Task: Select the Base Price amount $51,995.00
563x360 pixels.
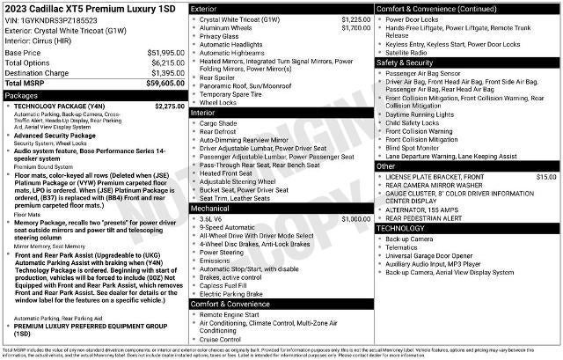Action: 165,53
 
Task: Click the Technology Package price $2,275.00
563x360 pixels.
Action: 168,106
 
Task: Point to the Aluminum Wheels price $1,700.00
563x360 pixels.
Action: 355,28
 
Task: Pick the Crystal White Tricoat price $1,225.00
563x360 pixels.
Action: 355,18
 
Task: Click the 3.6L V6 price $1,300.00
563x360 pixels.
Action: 355,219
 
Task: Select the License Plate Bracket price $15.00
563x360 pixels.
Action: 546,177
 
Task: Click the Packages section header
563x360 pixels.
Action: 22,94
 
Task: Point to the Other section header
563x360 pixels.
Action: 386,166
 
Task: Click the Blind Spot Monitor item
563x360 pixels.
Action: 419,147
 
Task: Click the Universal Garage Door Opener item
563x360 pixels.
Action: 429,256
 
